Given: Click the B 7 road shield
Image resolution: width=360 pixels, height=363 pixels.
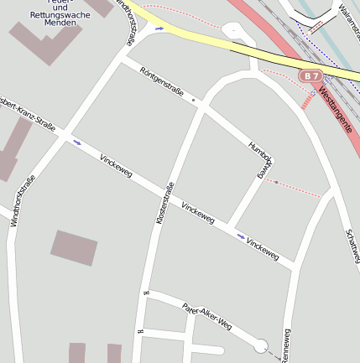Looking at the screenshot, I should [x=312, y=76].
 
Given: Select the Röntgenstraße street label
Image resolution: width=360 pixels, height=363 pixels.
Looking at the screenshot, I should [x=162, y=84].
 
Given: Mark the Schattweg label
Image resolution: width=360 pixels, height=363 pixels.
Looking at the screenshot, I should [x=352, y=249].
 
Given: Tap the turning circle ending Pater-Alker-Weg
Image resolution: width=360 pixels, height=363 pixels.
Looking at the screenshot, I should [x=261, y=345].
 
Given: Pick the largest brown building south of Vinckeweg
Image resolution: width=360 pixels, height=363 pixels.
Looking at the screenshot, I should [x=75, y=247].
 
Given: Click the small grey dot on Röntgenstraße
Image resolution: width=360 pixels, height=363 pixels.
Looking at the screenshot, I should [x=194, y=101].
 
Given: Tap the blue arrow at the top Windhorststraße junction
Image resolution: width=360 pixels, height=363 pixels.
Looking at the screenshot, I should [x=159, y=29].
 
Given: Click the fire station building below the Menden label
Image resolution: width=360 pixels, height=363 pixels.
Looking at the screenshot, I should [x=46, y=43].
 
